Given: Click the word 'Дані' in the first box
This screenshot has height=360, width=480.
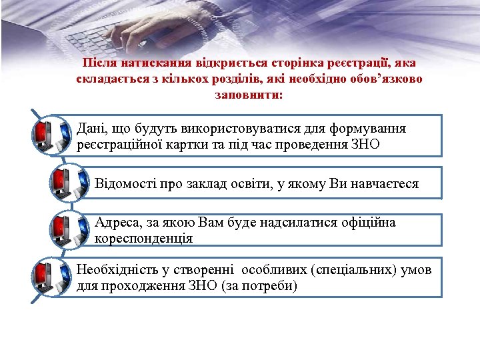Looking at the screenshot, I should pos(89,127).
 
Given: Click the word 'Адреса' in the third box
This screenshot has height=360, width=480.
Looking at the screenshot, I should pos(115,222).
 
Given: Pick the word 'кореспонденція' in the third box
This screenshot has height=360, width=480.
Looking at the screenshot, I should pos(144,238).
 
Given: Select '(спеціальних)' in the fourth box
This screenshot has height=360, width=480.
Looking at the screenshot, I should pos(344,270).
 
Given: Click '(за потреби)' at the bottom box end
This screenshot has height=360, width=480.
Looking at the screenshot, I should pos(264,286).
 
